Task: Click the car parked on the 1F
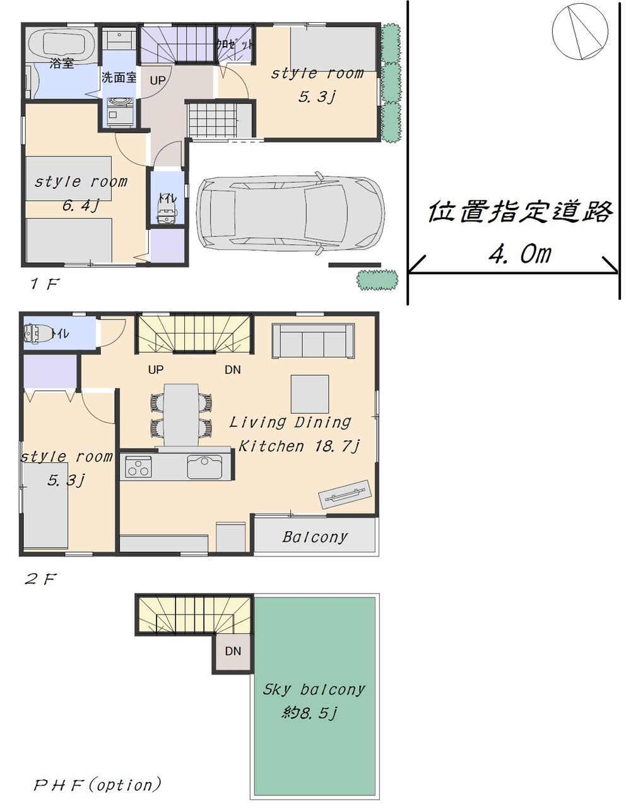[290, 212]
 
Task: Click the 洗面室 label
[119, 78]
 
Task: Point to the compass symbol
[580, 32]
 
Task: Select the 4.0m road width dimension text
[520, 254]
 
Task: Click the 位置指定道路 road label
[520, 212]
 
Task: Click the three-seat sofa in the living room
[313, 342]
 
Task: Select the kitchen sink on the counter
[204, 467]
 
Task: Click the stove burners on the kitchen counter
[139, 469]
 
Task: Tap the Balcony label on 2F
[315, 537]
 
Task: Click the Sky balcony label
[314, 689]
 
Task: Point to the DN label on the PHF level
[233, 651]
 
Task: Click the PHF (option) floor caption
[97, 785]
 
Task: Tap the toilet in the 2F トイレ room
[39, 333]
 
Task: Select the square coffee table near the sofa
[309, 393]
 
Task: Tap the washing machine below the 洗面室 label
[117, 112]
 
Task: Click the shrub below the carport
[377, 279]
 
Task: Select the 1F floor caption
[44, 284]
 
